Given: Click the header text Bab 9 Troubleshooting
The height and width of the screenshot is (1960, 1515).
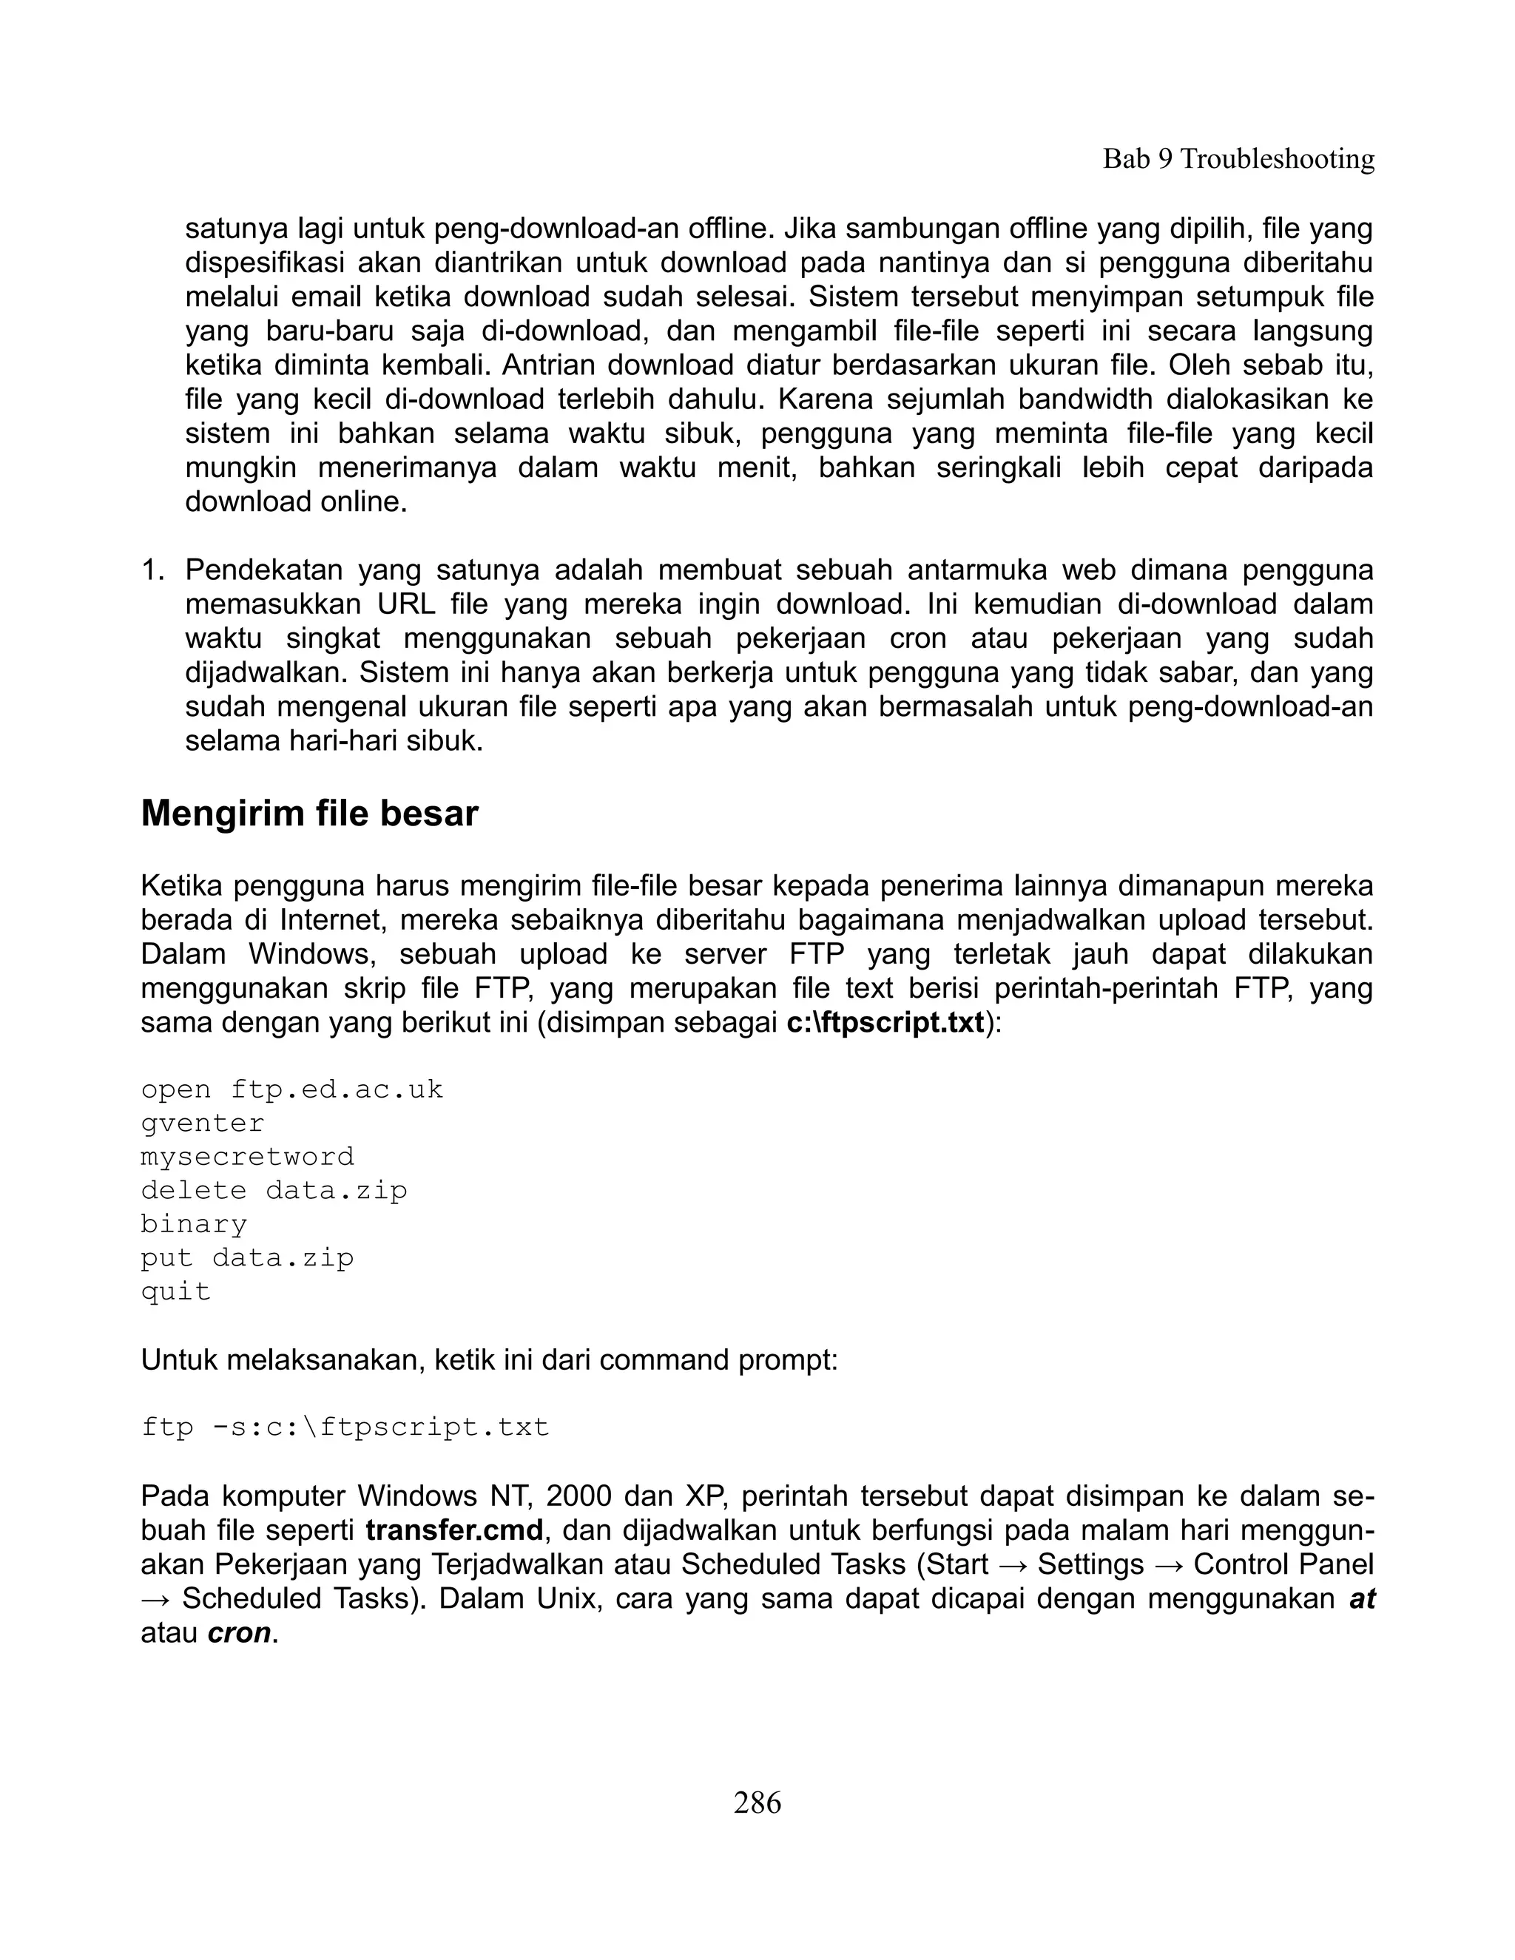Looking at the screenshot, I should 1238,159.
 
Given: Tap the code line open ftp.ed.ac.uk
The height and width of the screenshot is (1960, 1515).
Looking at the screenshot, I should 291,1089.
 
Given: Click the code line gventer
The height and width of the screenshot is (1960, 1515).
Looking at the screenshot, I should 203,1123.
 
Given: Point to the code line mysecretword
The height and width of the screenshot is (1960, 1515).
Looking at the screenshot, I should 248,1157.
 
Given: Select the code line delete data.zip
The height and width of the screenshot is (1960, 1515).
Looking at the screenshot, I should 274,1191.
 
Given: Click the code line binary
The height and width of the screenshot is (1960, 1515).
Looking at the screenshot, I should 194,1224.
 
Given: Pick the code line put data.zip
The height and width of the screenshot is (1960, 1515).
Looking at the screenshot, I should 248,1258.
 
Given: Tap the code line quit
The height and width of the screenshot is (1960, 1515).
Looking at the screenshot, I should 176,1291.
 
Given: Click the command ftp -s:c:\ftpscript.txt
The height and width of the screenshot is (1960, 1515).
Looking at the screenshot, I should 345,1427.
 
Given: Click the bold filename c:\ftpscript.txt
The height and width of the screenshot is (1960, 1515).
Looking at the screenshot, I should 885,1022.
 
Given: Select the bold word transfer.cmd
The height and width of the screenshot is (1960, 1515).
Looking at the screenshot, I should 455,1530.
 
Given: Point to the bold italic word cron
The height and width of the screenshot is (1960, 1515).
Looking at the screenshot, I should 240,1632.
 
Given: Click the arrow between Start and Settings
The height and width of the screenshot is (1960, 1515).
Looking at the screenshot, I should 1013,1564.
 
